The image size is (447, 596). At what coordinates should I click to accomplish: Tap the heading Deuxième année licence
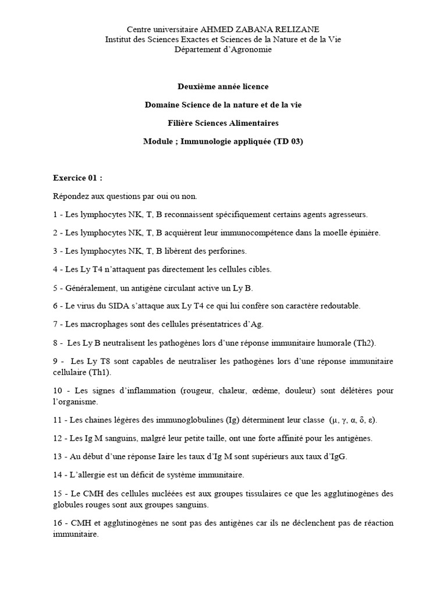223,87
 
